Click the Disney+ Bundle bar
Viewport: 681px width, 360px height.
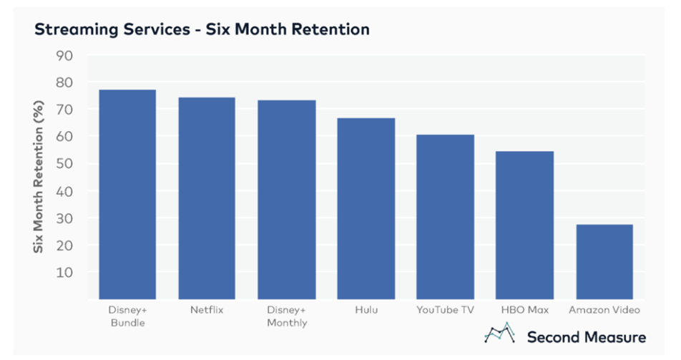(127, 195)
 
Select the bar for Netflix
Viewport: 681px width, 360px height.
(207, 198)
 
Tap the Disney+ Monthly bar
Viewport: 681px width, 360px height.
(287, 200)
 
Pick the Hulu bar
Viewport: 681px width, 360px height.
(366, 209)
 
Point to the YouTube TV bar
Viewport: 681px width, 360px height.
(445, 217)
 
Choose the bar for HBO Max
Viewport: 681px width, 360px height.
(524, 225)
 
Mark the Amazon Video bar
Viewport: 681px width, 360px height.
(604, 262)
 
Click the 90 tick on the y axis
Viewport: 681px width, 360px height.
(64, 56)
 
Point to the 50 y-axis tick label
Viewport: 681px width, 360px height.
(64, 164)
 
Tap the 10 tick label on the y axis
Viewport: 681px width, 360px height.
(64, 272)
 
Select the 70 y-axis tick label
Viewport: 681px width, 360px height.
(64, 110)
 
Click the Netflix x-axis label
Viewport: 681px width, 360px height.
(207, 310)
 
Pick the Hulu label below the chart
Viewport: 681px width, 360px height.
(366, 310)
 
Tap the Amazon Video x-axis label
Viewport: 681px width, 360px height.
(604, 310)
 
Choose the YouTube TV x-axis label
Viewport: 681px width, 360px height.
(445, 310)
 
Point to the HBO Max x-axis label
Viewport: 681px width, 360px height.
(524, 310)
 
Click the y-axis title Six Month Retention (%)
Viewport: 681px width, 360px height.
(39, 177)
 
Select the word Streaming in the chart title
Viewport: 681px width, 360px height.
(76, 30)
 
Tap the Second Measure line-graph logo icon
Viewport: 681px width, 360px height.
(500, 333)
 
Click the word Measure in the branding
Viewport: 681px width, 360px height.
(615, 337)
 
